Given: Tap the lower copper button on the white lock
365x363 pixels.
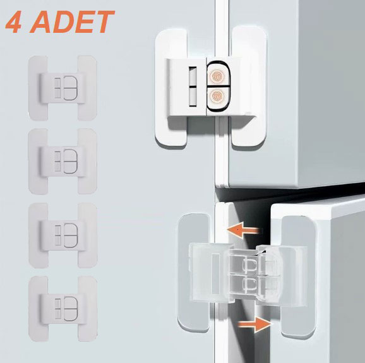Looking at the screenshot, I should click(217, 97).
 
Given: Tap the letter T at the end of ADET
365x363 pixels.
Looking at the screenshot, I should click(104, 23).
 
